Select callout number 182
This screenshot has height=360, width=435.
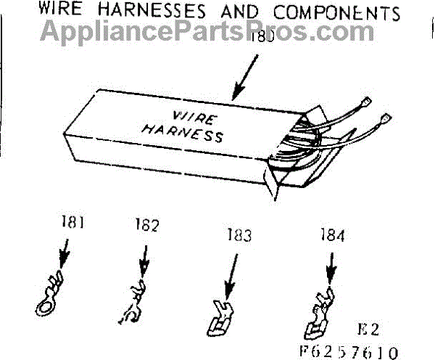click(146, 226)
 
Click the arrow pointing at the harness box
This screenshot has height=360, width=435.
click(244, 76)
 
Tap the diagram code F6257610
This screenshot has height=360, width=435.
click(351, 351)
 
